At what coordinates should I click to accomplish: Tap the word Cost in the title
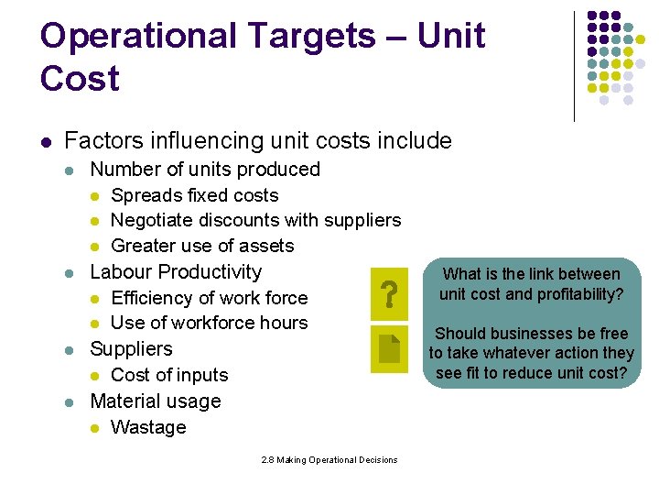coord(80,78)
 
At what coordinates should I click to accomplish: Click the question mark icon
coord(389,295)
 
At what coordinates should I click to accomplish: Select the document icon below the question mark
coord(389,352)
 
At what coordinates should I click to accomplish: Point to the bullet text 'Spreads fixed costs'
coord(194,195)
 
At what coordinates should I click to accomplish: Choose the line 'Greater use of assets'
coord(202,246)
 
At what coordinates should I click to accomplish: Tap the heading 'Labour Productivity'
coord(176,272)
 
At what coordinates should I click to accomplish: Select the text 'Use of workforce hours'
coord(209,323)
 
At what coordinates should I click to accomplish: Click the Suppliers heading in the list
coord(131,349)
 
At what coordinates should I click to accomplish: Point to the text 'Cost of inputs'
coord(169,375)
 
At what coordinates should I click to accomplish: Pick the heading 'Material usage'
coord(156,401)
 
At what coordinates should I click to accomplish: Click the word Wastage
coord(148,427)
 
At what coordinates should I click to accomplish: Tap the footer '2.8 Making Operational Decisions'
coord(329,459)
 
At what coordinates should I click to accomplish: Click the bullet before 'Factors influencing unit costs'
coord(46,142)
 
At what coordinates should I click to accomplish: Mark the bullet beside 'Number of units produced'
coord(71,170)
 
